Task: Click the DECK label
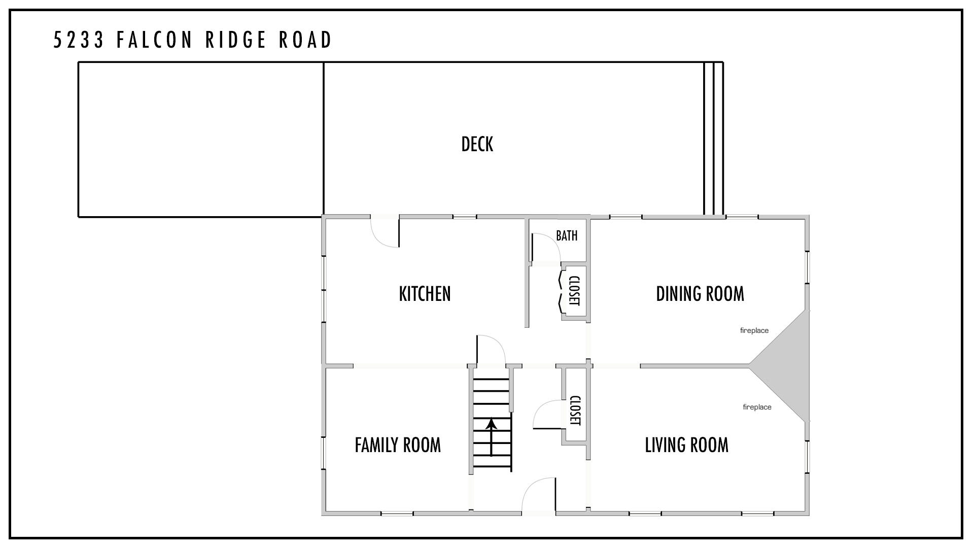477,144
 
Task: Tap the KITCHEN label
425,294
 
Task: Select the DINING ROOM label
700,294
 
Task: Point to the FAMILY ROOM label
398,445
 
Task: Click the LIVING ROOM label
686,445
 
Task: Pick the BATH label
567,235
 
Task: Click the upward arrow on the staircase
491,437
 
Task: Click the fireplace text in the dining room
754,330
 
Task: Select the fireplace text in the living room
757,407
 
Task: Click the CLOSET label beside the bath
574,291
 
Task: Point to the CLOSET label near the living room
575,410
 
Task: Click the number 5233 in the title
79,40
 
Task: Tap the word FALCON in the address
155,40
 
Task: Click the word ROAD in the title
305,40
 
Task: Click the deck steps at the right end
713,139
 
